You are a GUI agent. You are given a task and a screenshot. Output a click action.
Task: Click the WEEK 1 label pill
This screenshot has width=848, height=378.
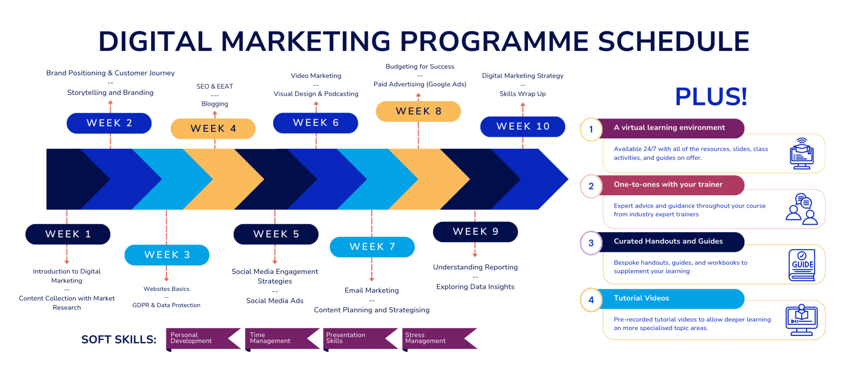click(68, 234)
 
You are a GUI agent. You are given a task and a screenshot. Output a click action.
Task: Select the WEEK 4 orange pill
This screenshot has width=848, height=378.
click(213, 128)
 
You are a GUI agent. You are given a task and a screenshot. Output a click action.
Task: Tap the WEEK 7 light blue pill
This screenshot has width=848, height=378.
click(372, 247)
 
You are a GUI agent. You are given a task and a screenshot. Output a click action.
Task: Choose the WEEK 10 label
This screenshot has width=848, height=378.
click(523, 126)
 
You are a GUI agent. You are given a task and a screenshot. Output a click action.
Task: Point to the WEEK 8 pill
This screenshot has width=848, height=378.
click(418, 111)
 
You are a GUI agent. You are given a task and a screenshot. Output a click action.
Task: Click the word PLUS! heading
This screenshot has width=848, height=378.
click(711, 97)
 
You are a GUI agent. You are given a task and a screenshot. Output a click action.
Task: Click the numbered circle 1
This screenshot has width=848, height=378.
click(591, 129)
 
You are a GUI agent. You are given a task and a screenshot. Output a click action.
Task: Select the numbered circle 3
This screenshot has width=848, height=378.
click(591, 243)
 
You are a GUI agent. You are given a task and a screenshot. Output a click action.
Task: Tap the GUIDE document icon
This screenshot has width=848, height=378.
click(802, 265)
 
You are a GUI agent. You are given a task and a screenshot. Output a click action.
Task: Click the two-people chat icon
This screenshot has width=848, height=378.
click(802, 209)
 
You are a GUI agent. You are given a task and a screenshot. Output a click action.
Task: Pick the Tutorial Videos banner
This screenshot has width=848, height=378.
click(670, 298)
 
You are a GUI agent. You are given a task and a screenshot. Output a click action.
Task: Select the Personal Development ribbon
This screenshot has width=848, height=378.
click(203, 339)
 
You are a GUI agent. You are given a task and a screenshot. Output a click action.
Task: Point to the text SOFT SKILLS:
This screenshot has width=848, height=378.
click(119, 339)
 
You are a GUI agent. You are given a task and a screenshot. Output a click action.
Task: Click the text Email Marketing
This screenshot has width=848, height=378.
click(372, 290)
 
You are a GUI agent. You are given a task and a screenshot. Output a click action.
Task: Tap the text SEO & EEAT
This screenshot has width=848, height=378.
click(214, 86)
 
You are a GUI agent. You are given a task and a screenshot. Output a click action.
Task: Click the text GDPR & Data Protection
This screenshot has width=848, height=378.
click(166, 305)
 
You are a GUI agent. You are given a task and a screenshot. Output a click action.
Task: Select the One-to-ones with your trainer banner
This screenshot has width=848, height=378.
click(671, 185)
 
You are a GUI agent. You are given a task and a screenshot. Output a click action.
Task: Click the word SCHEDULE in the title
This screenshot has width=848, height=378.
click(674, 41)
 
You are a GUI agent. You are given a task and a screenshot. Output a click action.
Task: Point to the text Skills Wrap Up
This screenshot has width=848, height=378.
click(523, 94)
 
